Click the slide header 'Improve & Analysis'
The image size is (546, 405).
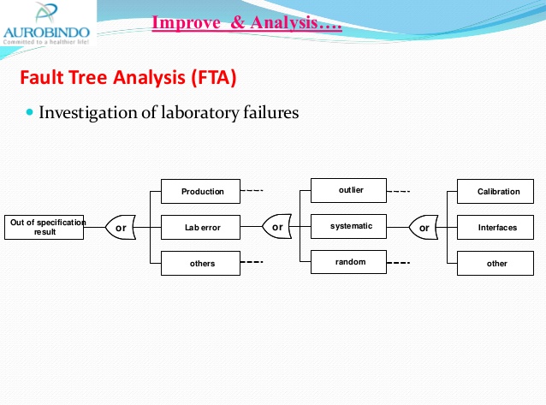coord(246,23)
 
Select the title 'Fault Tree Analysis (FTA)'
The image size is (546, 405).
coord(128,78)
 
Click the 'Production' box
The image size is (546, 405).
coord(202,192)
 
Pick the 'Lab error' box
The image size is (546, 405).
coord(202,228)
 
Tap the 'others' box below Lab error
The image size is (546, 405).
coord(202,264)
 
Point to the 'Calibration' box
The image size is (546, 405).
coord(497,192)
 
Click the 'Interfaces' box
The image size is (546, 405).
coord(497,228)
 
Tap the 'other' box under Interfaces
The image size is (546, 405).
coord(497,264)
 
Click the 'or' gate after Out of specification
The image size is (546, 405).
coord(122,228)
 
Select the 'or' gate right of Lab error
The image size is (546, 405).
coord(276,228)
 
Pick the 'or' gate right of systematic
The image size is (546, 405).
coord(424,228)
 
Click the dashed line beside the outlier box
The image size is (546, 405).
coord(400,191)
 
